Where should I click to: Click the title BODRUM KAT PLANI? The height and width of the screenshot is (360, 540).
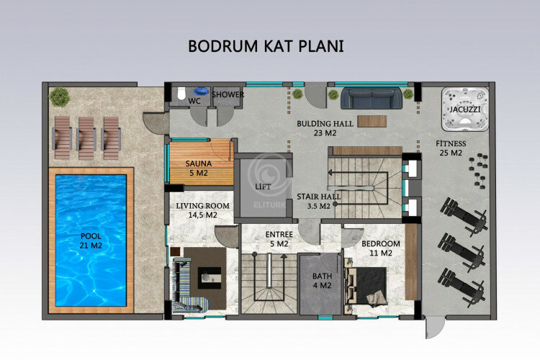pyautogui.click(x=266, y=45)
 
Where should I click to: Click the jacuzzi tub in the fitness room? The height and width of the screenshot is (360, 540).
pyautogui.click(x=461, y=110)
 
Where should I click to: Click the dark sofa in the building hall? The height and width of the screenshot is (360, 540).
pyautogui.click(x=371, y=97)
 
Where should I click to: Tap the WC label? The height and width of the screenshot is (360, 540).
pyautogui.click(x=194, y=102)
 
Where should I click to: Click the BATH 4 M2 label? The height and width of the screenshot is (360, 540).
pyautogui.click(x=321, y=281)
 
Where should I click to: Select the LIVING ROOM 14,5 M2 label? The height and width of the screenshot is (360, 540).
pyautogui.click(x=202, y=210)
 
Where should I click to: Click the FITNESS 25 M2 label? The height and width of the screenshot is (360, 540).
pyautogui.click(x=451, y=148)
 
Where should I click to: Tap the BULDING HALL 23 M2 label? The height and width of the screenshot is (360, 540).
pyautogui.click(x=325, y=127)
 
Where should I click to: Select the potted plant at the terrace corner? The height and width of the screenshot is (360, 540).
pyautogui.click(x=58, y=95)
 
